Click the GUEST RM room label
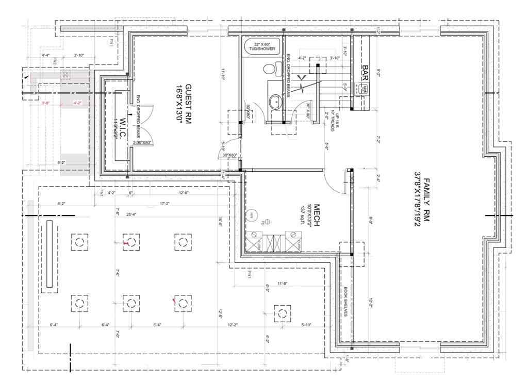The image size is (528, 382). [185, 103]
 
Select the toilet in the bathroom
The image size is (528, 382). [273, 68]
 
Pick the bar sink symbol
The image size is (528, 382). [365, 89]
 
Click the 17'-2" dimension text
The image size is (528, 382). [164, 204]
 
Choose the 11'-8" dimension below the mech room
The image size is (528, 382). [282, 283]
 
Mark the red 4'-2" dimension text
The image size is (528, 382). [78, 103]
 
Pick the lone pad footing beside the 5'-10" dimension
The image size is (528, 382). [281, 312]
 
